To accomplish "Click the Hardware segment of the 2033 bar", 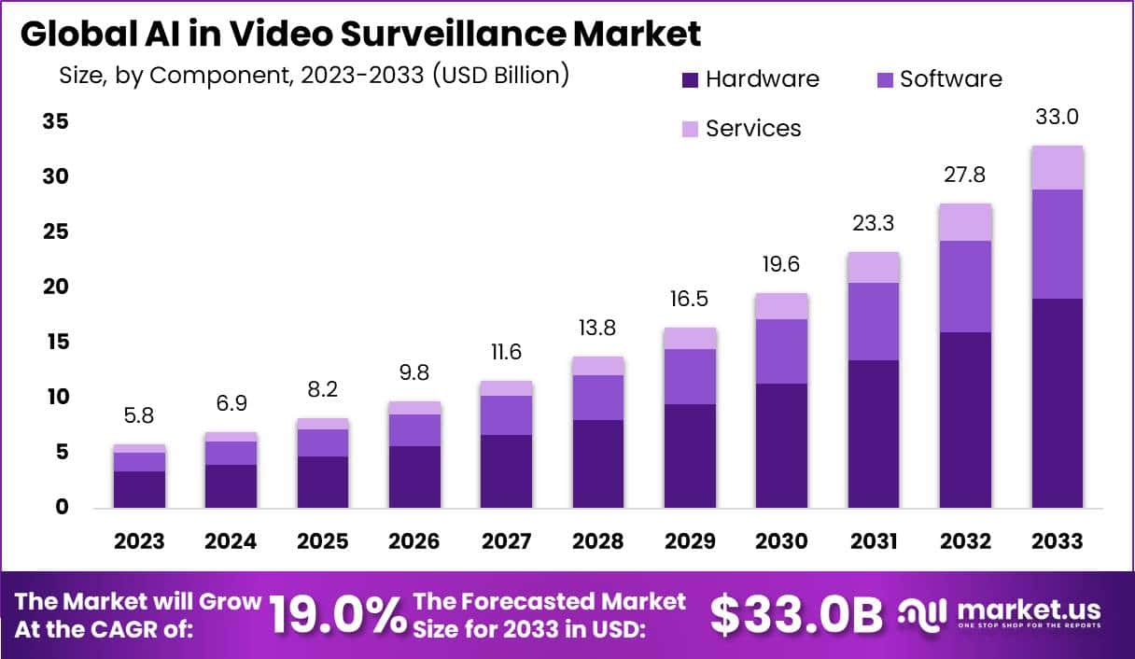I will tap(1057, 403).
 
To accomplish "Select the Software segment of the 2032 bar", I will tap(965, 287).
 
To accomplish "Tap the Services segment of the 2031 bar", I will tap(874, 268).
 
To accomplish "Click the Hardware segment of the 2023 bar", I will tap(139, 489).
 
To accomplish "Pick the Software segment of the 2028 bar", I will tap(597, 398).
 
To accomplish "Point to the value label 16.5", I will tap(689, 300).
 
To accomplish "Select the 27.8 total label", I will tap(965, 175).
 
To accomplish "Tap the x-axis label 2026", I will tap(414, 541).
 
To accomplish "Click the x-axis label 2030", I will tap(781, 541).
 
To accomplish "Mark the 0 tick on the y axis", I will tap(62, 507).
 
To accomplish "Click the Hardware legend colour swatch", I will tap(690, 80).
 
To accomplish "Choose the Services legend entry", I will tap(752, 129).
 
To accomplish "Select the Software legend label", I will tap(950, 79).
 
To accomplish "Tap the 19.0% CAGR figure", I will tap(338, 615).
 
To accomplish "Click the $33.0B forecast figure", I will tap(796, 615).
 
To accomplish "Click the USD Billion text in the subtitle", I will tap(498, 75).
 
